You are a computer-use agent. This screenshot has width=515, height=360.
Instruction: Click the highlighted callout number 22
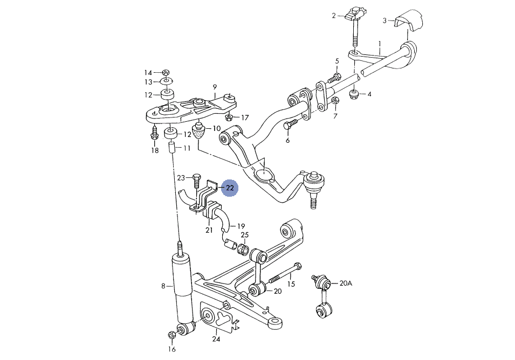point(230,188)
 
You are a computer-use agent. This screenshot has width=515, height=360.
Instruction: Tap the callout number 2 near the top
point(334,16)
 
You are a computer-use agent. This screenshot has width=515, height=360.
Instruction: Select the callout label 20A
point(345,283)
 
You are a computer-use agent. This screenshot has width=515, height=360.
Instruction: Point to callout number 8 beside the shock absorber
point(163,286)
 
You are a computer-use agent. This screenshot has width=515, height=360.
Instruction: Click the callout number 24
point(216,339)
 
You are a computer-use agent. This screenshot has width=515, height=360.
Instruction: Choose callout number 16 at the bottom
point(171,349)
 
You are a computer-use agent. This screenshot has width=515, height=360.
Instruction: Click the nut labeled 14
point(166,72)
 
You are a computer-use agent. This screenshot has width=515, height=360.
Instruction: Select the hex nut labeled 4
point(354,95)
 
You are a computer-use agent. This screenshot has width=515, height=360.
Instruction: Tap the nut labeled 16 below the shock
point(172,335)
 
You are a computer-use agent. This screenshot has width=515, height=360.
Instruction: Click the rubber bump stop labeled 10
point(200,133)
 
